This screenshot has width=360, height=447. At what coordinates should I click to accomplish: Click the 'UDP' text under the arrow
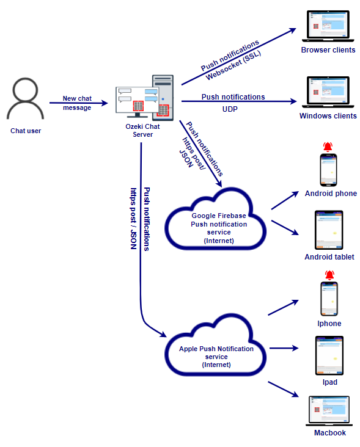[x=230, y=109]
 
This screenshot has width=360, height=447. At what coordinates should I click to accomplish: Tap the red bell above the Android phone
[x=329, y=146]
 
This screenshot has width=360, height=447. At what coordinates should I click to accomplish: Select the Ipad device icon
[x=329, y=356]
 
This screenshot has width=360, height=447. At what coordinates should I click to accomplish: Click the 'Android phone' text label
[x=331, y=194]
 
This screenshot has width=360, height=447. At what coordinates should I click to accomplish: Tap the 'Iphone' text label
[x=329, y=324]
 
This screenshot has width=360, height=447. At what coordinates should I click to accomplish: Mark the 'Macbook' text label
[x=330, y=433]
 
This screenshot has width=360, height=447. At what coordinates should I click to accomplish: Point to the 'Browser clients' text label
[x=328, y=50]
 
